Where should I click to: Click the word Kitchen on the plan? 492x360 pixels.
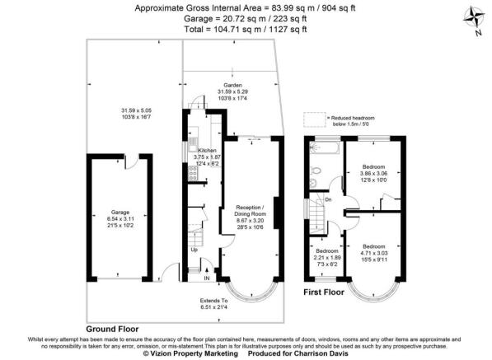tap(207, 151)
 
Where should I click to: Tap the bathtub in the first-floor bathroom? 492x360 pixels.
tap(322, 147)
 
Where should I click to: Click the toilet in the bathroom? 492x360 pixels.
tap(316, 173)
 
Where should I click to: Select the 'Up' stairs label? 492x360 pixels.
tap(194, 249)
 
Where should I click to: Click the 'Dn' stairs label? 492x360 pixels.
tap(327, 199)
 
